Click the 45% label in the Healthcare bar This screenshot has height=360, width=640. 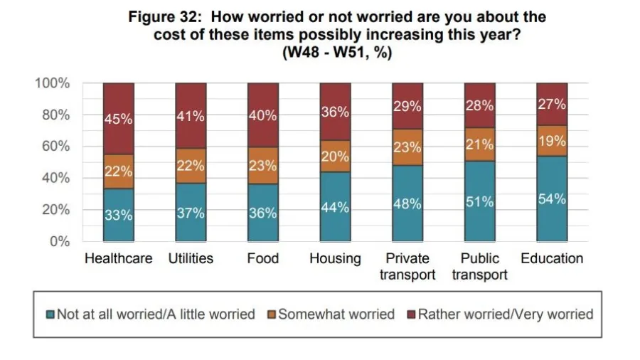click(x=119, y=119)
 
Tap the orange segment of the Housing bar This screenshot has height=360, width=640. click(x=335, y=157)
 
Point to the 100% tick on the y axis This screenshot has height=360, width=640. click(x=53, y=83)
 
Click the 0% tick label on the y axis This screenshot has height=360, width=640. click(x=60, y=242)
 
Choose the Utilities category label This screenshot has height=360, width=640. click(x=191, y=258)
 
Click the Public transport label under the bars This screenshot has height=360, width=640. click(x=479, y=266)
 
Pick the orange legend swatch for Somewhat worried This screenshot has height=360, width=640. click(x=271, y=314)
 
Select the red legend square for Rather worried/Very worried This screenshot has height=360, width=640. click(x=410, y=314)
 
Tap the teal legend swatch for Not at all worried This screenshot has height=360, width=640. click(x=50, y=314)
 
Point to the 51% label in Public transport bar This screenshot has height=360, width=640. click(x=479, y=202)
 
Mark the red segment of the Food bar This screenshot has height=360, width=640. click(x=262, y=115)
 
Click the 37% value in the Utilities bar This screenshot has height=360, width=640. click(x=191, y=213)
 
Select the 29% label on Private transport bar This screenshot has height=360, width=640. click(x=407, y=107)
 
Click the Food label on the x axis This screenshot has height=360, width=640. click(x=262, y=258)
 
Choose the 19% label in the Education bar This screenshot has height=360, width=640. click(x=552, y=141)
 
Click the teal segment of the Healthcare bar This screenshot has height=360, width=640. click(x=119, y=215)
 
